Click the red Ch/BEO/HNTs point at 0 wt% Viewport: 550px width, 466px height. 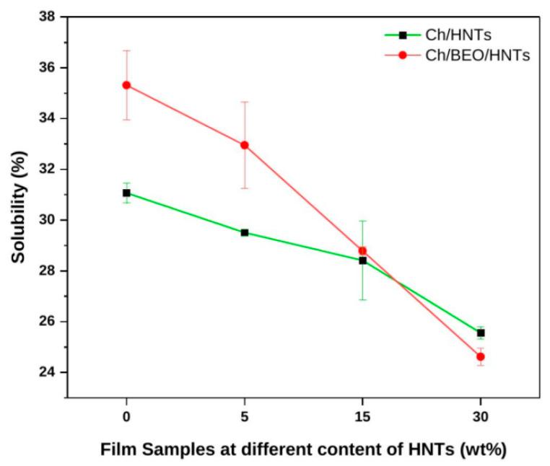pyautogui.click(x=126, y=84)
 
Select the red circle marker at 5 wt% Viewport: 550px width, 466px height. pyautogui.click(x=245, y=145)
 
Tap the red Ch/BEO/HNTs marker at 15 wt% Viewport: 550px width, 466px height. pyautogui.click(x=362, y=250)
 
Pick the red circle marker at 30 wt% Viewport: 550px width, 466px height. pyautogui.click(x=481, y=356)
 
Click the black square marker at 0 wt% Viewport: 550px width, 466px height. pyautogui.click(x=126, y=193)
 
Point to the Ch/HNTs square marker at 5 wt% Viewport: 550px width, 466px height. pyautogui.click(x=245, y=232)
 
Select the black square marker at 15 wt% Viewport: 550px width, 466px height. pyautogui.click(x=362, y=260)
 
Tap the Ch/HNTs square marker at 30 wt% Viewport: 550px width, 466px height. pyautogui.click(x=481, y=333)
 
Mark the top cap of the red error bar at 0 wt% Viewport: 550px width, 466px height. pyautogui.click(x=126, y=50)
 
